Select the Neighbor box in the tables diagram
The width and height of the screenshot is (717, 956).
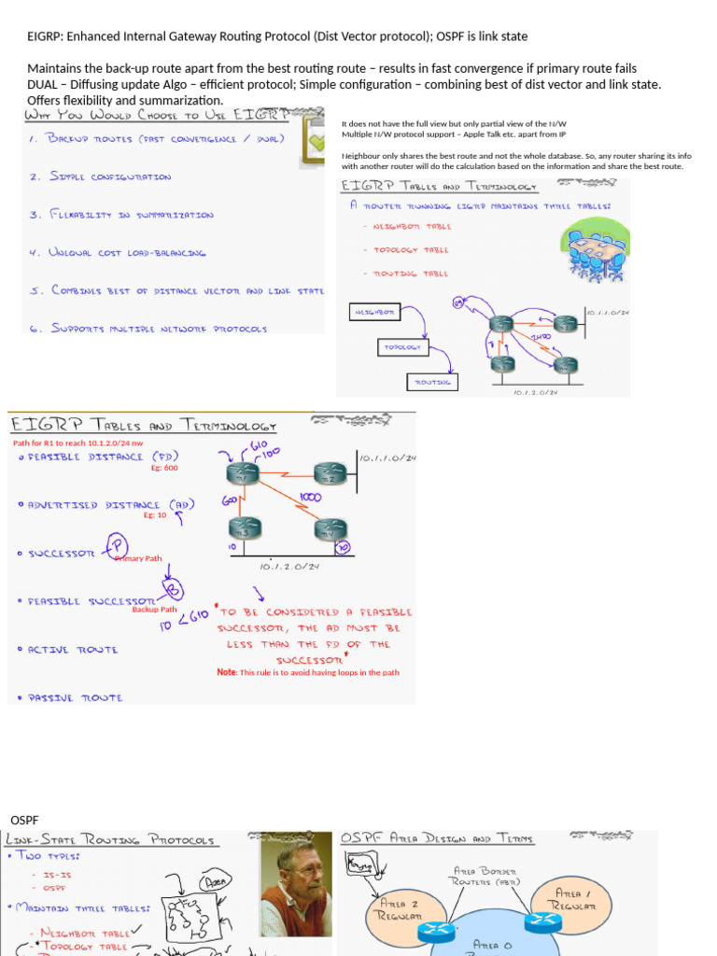click(373, 310)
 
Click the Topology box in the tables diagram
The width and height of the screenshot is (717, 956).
click(401, 347)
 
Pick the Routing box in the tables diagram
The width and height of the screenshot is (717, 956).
click(432, 382)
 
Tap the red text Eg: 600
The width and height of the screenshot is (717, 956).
click(164, 469)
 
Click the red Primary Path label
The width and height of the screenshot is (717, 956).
click(138, 558)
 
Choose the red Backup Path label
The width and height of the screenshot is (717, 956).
click(154, 609)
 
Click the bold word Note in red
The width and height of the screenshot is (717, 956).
click(227, 672)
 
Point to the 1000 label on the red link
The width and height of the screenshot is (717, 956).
click(311, 497)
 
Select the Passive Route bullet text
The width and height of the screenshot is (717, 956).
click(75, 697)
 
